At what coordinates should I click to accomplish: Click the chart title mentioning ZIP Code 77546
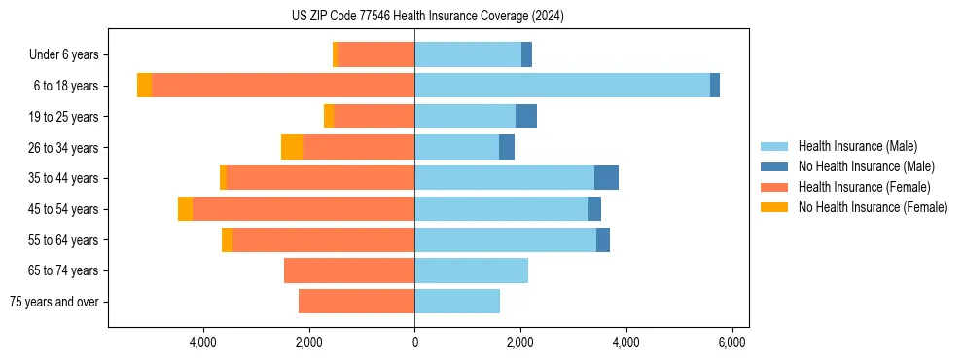pyautogui.click(x=427, y=16)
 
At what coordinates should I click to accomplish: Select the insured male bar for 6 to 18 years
pyautogui.click(x=562, y=86)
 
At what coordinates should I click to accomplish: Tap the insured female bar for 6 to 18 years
pyautogui.click(x=283, y=86)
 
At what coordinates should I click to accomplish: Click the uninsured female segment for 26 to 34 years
pyautogui.click(x=292, y=147)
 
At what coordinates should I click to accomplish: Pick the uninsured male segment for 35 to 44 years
pyautogui.click(x=606, y=178)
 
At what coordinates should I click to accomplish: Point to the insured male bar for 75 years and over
pyautogui.click(x=457, y=302)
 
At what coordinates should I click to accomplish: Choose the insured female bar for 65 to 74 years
pyautogui.click(x=349, y=270)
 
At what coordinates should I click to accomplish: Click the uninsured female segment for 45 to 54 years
pyautogui.click(x=185, y=209)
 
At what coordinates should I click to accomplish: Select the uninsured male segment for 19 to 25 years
pyautogui.click(x=526, y=117)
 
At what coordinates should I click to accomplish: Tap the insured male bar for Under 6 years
pyautogui.click(x=468, y=54)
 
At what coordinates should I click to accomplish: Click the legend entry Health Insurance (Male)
pyautogui.click(x=857, y=146)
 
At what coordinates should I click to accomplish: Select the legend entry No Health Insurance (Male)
pyautogui.click(x=866, y=166)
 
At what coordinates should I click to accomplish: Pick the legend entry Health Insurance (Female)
pyautogui.click(x=864, y=187)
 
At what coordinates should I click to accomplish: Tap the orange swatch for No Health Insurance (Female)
pyautogui.click(x=774, y=207)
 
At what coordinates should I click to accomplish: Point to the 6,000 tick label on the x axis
pyautogui.click(x=731, y=343)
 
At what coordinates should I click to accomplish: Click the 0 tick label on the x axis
pyautogui.click(x=414, y=343)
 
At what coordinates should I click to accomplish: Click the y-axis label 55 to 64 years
pyautogui.click(x=64, y=240)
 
